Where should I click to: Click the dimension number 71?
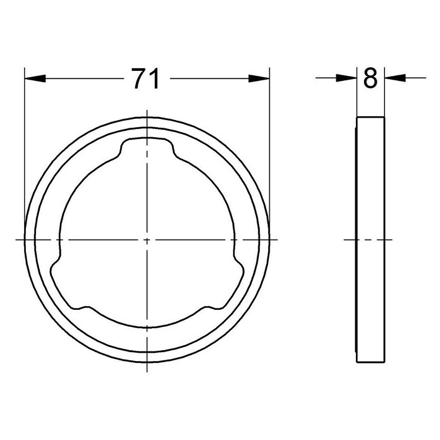click(x=146, y=78)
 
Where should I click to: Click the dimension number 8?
click(x=370, y=78)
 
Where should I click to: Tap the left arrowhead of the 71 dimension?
click(x=35, y=78)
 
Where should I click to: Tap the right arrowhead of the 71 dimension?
click(x=259, y=78)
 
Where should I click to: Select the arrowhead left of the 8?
click(x=346, y=78)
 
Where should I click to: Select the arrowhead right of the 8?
click(x=395, y=78)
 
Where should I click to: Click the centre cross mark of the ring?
click(x=147, y=240)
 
